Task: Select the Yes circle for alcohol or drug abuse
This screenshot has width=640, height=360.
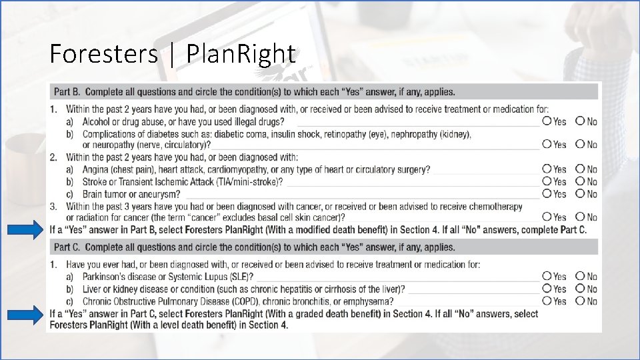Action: click(547, 121)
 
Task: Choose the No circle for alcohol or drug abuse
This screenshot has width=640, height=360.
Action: click(580, 121)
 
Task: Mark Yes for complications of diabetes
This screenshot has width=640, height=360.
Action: click(547, 143)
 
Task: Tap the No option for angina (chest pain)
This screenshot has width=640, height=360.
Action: click(580, 169)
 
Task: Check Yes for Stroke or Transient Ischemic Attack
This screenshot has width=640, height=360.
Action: click(547, 181)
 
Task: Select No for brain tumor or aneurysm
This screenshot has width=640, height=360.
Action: click(580, 193)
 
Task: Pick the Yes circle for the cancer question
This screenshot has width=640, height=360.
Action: click(547, 217)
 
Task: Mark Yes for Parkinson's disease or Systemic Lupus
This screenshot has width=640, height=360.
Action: click(547, 275)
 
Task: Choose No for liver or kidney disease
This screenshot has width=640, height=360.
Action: click(580, 288)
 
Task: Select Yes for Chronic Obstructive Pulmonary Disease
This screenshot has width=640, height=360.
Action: click(547, 301)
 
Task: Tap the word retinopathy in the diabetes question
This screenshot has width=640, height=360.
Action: click(347, 134)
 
